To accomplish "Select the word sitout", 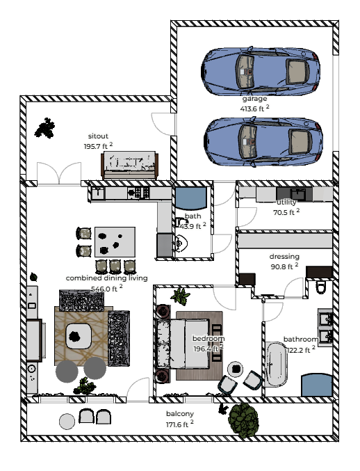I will pyautogui.click(x=97, y=136).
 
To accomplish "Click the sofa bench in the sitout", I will pyautogui.click(x=131, y=165).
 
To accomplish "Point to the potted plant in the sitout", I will pyautogui.click(x=47, y=128).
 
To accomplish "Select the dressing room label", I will pyautogui.click(x=284, y=256).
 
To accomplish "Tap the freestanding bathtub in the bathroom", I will pyautogui.click(x=275, y=365).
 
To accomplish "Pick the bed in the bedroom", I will pyautogui.click(x=197, y=344).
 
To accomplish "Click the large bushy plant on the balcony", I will pyautogui.click(x=243, y=419).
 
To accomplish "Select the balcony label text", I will pyautogui.click(x=179, y=413).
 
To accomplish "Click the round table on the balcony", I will pyautogui.click(x=67, y=421).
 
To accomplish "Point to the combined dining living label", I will pyautogui.click(x=106, y=278).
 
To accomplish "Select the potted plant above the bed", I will pyautogui.click(x=181, y=296).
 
